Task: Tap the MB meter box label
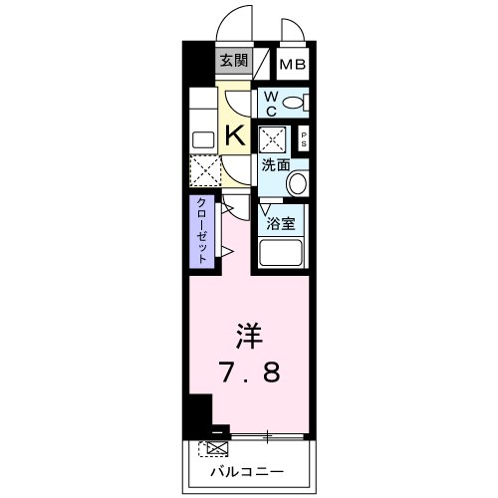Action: tap(293, 66)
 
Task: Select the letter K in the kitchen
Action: tap(237, 134)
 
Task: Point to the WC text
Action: tap(270, 103)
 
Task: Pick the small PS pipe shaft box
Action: tap(303, 139)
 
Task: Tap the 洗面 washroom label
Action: tap(275, 165)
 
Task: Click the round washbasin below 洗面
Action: tap(298, 184)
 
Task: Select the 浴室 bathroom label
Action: tap(280, 223)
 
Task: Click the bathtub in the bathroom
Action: tap(283, 252)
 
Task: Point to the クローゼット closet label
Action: tap(200, 230)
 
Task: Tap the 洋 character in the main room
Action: tap(249, 334)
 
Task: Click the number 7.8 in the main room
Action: tap(249, 373)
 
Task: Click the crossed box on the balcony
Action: tap(211, 448)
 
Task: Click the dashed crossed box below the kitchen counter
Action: tap(204, 171)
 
